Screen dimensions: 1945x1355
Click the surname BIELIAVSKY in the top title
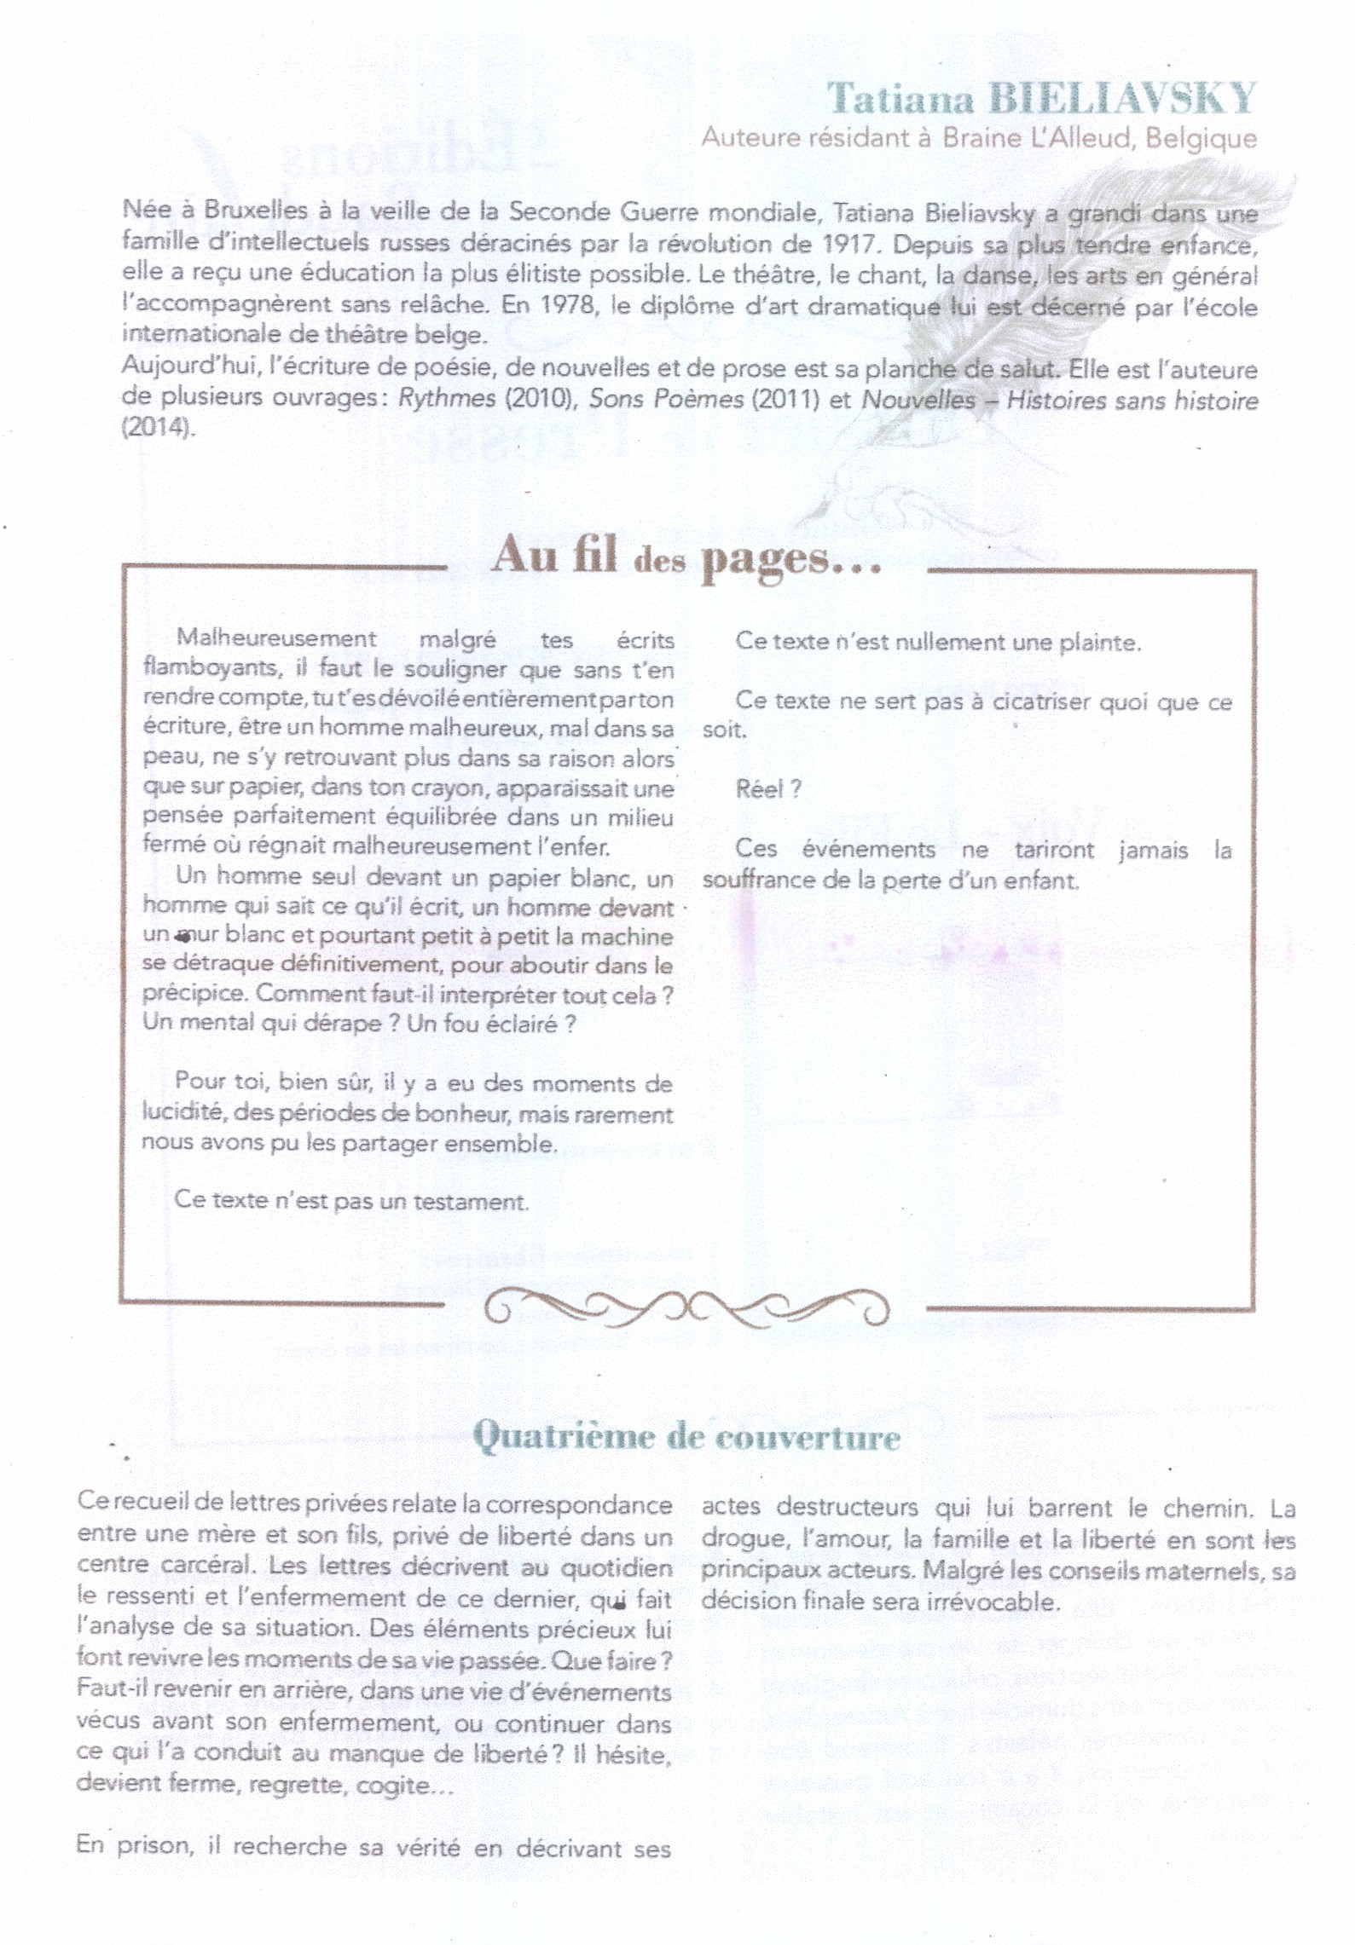(1122, 100)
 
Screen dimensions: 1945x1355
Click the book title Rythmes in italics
(447, 399)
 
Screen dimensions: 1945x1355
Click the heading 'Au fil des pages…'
(686, 557)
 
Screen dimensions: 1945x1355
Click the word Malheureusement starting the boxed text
(275, 638)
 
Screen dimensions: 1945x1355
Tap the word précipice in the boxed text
(194, 994)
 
